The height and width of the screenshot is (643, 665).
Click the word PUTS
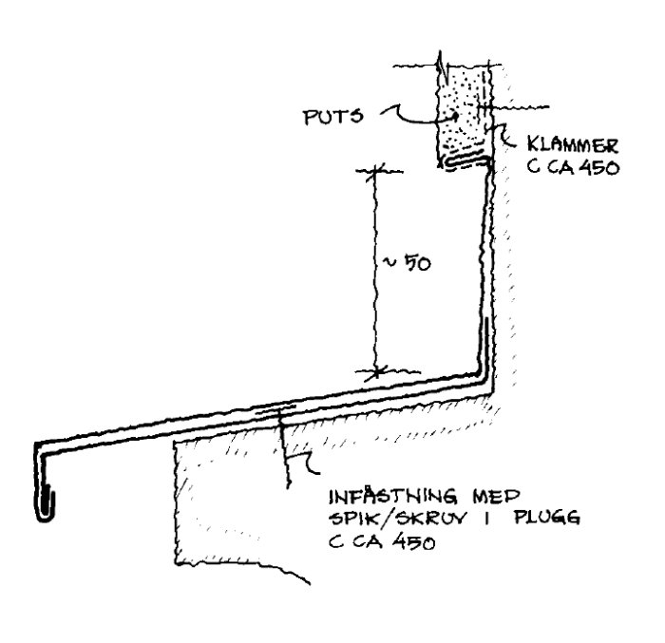[x=333, y=116]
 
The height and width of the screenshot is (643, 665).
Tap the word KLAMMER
[x=573, y=145]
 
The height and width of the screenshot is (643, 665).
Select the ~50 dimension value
[x=407, y=263]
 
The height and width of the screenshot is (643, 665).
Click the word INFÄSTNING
[x=393, y=496]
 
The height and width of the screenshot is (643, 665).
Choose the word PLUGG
[x=547, y=518]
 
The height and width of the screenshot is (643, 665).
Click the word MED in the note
[x=496, y=496]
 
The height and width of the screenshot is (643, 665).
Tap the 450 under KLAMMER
[x=598, y=167]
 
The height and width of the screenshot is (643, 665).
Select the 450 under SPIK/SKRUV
[x=413, y=542]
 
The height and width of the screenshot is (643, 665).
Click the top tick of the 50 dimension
[x=376, y=171]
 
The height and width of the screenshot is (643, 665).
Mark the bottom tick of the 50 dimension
[x=376, y=372]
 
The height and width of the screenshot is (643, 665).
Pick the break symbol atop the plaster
[x=444, y=67]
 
